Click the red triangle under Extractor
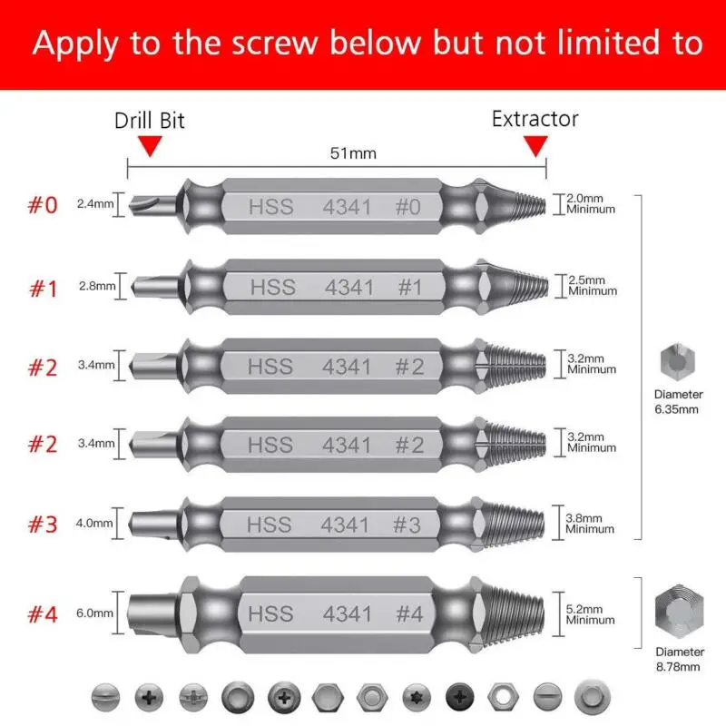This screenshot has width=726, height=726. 538,146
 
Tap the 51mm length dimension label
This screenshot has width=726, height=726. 352,153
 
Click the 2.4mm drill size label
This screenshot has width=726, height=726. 95,203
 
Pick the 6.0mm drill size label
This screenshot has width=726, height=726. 95,613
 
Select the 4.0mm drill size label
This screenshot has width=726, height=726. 95,523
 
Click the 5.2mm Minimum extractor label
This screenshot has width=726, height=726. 591,614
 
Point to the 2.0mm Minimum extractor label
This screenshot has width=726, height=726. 591,203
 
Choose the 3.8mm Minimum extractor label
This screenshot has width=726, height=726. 591,523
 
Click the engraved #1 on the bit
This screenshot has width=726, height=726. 410,287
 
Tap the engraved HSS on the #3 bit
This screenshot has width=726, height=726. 270,525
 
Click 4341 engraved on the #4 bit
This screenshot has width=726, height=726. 347,614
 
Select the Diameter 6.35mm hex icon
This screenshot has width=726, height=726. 678,361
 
